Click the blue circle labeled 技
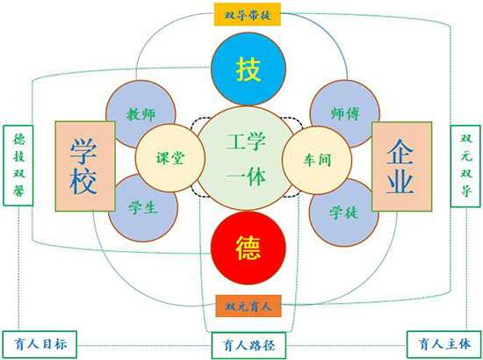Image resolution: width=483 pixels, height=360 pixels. [249, 68]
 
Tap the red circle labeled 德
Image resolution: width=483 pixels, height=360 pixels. [249, 248]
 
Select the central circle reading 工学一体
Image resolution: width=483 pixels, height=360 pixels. [245, 158]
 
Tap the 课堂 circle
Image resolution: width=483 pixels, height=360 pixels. [170, 158]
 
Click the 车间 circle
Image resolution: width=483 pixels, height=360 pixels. [317, 160]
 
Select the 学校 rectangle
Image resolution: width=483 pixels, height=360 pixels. [85, 166]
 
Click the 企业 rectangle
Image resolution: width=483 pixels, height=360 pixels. [401, 167]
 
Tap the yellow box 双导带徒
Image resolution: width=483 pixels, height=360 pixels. [248, 14]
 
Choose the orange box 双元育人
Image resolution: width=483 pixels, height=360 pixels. [249, 306]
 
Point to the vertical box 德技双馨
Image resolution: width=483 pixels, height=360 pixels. [18, 165]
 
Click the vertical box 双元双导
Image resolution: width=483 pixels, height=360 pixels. [465, 166]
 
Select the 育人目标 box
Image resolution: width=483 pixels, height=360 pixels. [40, 344]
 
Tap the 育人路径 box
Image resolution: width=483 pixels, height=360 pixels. [249, 345]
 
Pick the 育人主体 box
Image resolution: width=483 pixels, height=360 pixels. [444, 344]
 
